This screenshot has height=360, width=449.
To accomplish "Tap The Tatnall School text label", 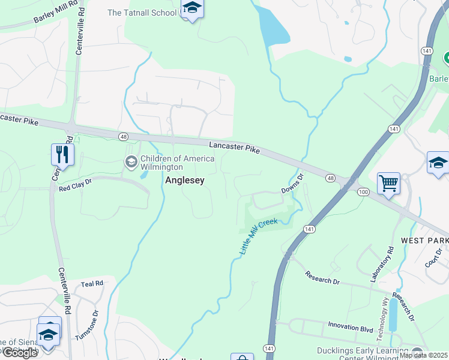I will pos(142,13).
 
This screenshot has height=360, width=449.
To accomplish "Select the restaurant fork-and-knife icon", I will pos(62,154).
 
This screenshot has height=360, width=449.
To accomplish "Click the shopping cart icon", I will pos(388,183).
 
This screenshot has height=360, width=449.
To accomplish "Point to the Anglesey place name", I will pos(185,180).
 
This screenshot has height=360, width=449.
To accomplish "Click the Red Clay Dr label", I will pos(75,188).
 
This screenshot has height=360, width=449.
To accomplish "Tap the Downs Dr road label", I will pos(294,184).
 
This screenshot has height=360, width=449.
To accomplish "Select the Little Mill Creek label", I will pos(259,236).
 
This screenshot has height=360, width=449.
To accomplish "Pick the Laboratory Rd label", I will pos(381,265).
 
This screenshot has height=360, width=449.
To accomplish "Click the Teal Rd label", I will pos(92,283).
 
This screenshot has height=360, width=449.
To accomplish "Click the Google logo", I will pos(20,353).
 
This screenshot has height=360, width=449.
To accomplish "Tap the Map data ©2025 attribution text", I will pos(424,355).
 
